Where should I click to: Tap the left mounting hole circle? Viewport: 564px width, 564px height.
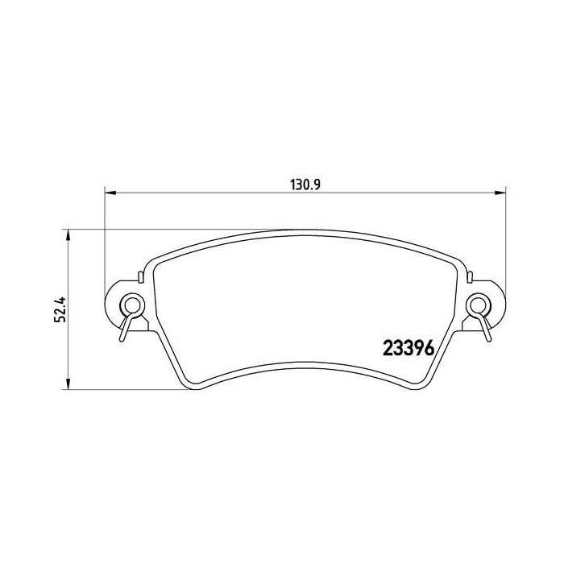(x=129, y=305)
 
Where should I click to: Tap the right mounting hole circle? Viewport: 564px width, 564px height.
(x=478, y=305)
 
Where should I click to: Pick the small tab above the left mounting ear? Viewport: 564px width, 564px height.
(x=140, y=278)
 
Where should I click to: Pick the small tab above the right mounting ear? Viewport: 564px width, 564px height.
(x=467, y=278)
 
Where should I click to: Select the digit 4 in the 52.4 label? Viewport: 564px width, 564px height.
(x=59, y=296)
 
